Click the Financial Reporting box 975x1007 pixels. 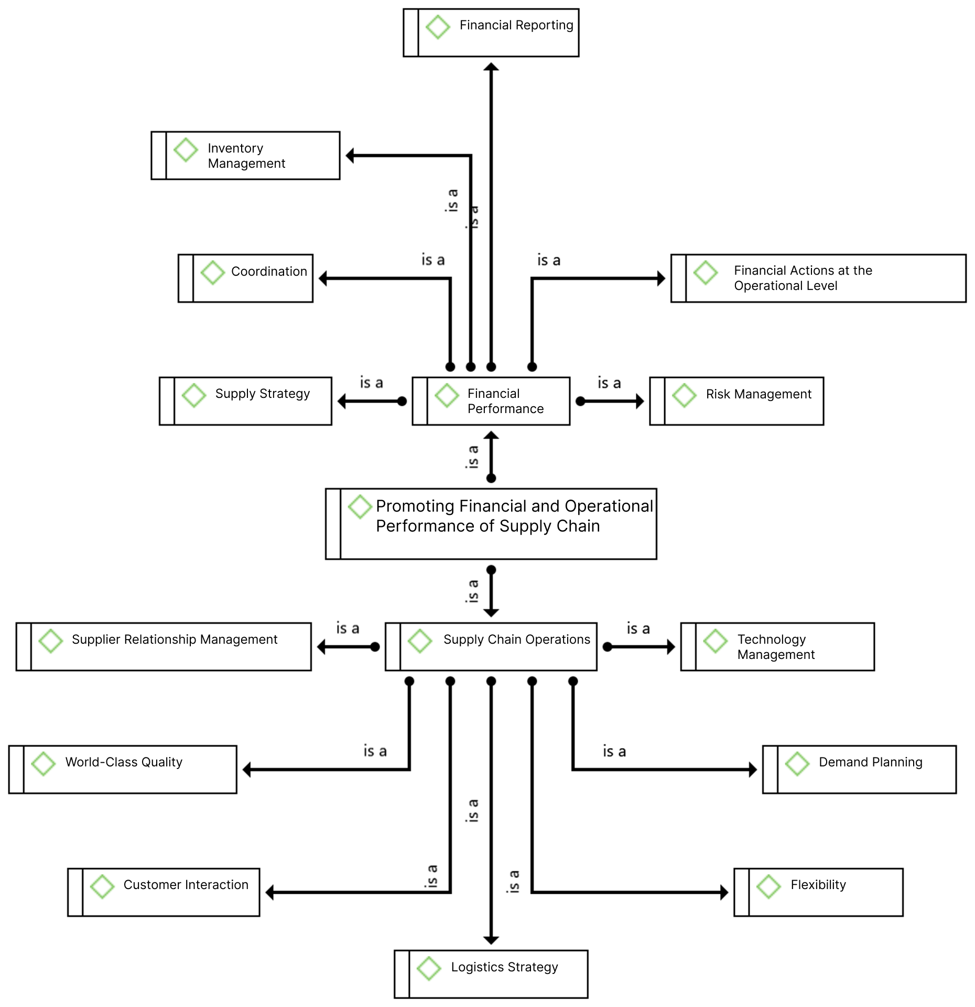click(491, 33)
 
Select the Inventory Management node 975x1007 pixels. click(245, 155)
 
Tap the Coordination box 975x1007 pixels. click(245, 278)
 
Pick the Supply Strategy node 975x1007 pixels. click(245, 401)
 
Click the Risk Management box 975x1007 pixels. click(736, 401)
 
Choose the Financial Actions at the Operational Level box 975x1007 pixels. click(818, 278)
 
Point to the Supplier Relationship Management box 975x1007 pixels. click(164, 646)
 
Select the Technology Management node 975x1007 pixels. click(777, 646)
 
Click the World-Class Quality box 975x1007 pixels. click(123, 770)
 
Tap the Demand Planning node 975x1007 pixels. click(859, 770)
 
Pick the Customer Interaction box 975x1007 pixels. click(164, 892)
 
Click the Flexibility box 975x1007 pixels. click(818, 892)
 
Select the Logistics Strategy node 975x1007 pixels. click(491, 974)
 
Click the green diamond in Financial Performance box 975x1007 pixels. click(447, 395)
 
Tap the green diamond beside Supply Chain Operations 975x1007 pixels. click(420, 641)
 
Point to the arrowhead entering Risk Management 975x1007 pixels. click(640, 401)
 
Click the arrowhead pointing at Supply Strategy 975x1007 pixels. click(342, 401)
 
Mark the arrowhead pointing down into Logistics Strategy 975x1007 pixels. click(491, 940)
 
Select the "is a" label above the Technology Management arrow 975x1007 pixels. click(638, 628)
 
